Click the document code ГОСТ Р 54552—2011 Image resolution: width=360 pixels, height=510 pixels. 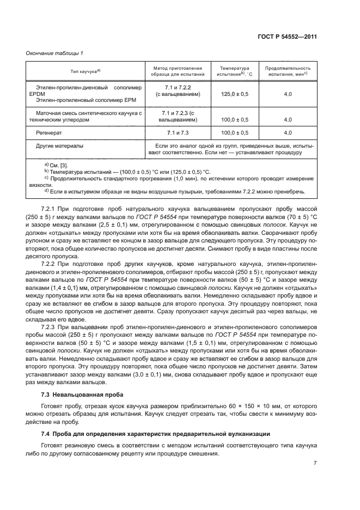(x=288, y=37)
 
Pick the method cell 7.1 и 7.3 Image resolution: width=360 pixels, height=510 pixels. (x=178, y=132)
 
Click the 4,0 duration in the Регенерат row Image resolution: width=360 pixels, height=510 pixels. (x=288, y=132)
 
